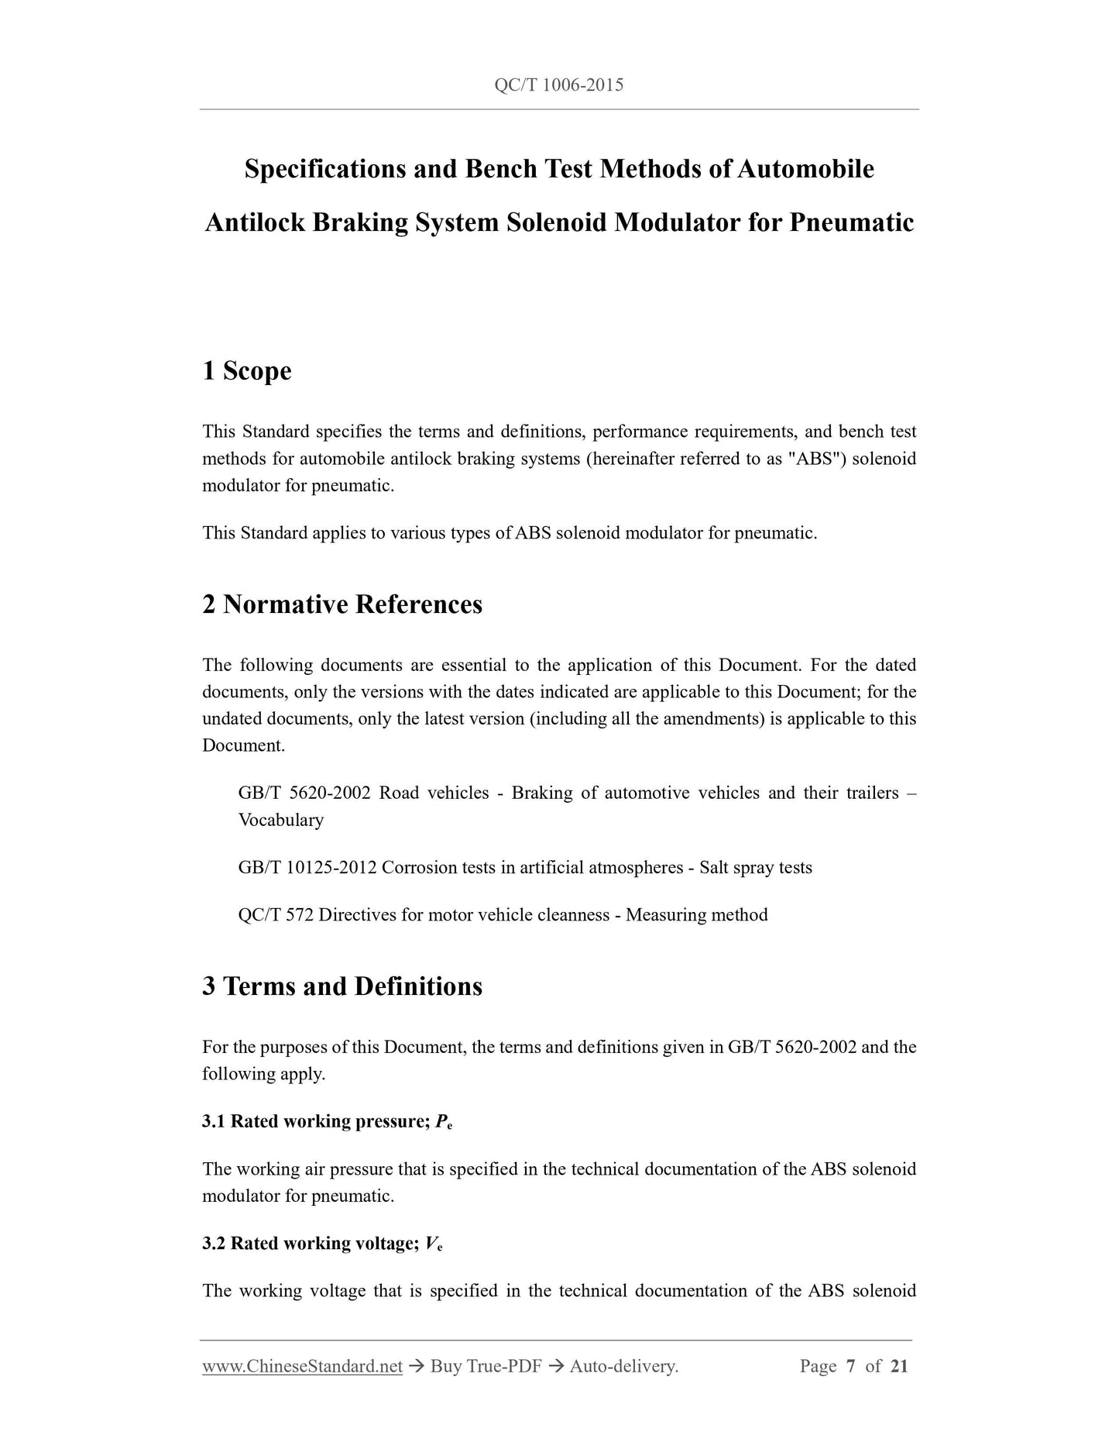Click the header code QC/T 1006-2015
pos(558,85)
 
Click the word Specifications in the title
pos(324,169)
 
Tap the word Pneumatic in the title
pos(851,223)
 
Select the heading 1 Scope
pos(247,371)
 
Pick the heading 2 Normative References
pos(342,604)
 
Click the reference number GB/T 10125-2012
pos(307,868)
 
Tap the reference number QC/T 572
pos(276,915)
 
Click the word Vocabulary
pos(280,820)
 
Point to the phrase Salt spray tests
pos(756,868)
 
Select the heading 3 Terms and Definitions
pos(342,986)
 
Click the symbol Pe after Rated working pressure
pos(444,1122)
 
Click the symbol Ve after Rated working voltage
pos(434,1244)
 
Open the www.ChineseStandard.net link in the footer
pos(302,1366)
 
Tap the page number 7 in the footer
pos(850,1366)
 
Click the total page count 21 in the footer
pos(898,1366)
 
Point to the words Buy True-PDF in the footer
pos(486,1366)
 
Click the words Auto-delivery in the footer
pos(623,1366)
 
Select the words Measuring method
pos(696,915)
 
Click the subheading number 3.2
pos(214,1244)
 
